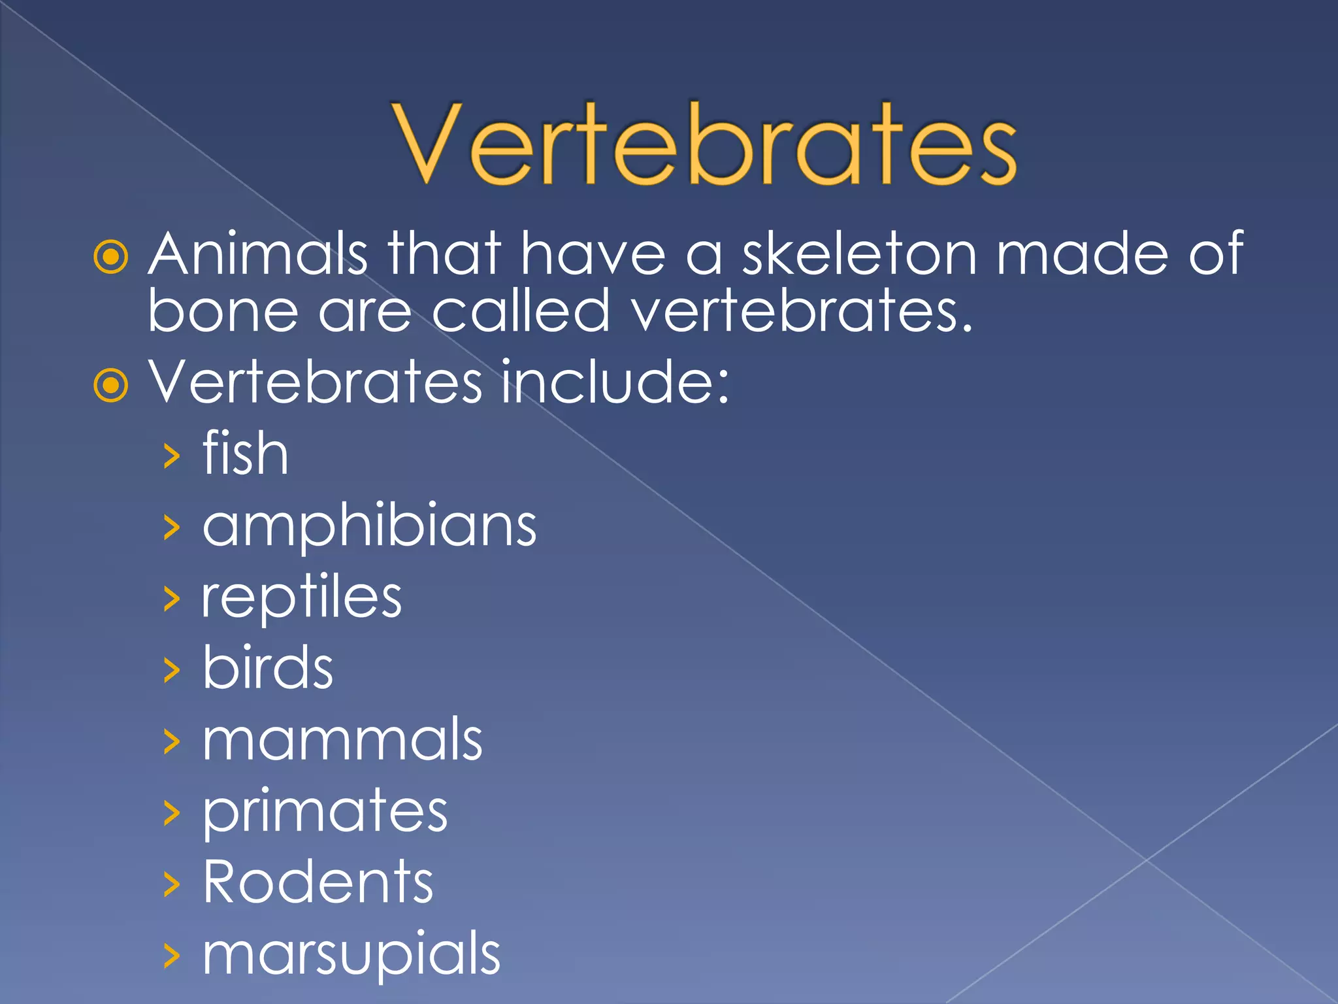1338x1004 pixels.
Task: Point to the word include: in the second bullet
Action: point(614,382)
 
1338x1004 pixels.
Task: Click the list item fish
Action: point(245,454)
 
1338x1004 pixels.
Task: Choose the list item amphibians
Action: point(369,527)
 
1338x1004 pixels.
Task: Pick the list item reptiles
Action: point(301,598)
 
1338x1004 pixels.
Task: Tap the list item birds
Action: point(268,668)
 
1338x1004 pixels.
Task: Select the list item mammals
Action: point(342,740)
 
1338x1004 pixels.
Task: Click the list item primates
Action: point(325,812)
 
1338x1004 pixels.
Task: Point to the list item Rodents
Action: point(318,882)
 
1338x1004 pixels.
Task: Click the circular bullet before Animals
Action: point(111,257)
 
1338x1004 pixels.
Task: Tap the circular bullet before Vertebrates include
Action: point(111,385)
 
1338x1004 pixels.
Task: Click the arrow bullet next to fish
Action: point(171,456)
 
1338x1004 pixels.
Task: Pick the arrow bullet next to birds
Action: point(171,671)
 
